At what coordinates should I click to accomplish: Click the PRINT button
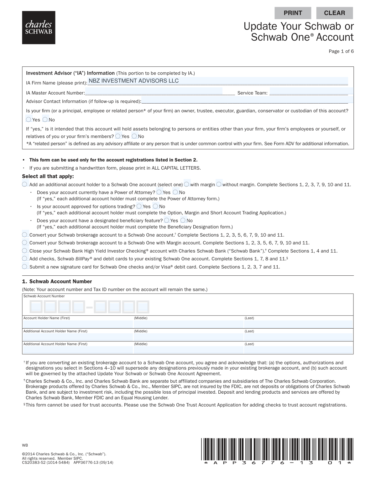tap(293, 13)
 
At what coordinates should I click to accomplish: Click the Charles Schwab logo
tap(39, 28)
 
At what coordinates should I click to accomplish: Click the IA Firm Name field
tap(217, 81)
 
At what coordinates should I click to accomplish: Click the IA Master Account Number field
tap(154, 91)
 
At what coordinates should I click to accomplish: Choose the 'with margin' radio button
tap(187, 184)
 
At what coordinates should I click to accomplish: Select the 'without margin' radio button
tap(219, 184)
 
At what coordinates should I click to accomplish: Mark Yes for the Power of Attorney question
tap(159, 192)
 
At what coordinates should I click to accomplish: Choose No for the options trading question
tap(156, 206)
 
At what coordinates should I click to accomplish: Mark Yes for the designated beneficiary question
tap(167, 220)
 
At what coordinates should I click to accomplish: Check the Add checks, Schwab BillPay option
tap(25, 258)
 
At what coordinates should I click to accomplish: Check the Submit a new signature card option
tap(25, 267)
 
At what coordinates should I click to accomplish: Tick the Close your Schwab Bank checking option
tap(25, 251)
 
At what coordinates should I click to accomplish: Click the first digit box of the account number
tap(36, 306)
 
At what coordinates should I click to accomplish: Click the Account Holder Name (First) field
tap(78, 324)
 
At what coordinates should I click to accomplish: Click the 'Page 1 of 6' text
tap(341, 51)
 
